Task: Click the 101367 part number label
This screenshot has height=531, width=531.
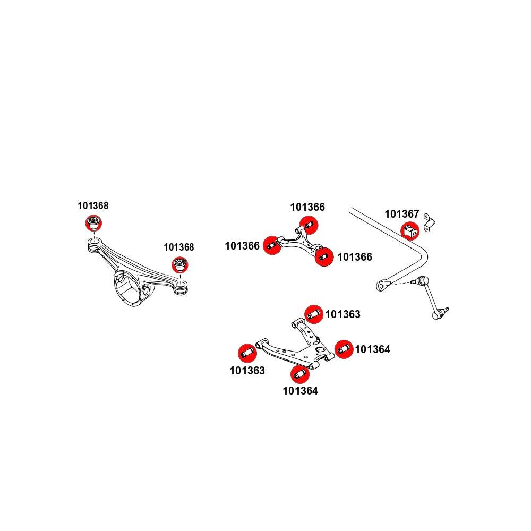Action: tap(402, 214)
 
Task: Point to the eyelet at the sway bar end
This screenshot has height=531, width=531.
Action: tap(382, 286)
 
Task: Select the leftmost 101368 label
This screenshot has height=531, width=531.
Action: tap(93, 206)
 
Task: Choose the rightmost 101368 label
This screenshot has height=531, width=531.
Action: tap(178, 247)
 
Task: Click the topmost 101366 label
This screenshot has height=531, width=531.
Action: tap(307, 207)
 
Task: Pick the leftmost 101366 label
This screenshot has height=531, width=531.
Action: tap(242, 246)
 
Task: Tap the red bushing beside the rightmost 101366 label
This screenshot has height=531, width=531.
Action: tap(323, 258)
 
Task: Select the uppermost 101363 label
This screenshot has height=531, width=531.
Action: tap(342, 314)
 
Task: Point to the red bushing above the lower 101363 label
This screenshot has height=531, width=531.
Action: tap(246, 352)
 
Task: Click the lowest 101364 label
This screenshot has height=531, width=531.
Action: tap(300, 391)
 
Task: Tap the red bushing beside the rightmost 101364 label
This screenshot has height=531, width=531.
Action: tap(344, 348)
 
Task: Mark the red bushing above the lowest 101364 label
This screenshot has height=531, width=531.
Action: tap(301, 374)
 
